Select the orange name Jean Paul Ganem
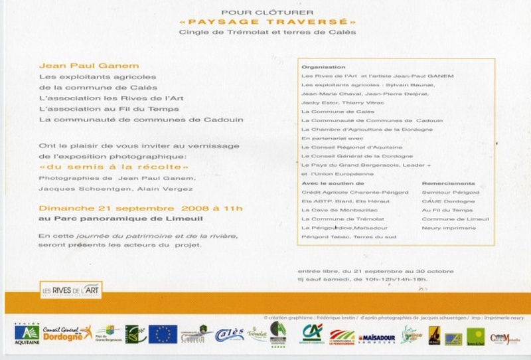click(80, 66)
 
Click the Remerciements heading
click(448, 183)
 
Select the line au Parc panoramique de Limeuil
click(120, 218)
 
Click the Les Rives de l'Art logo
click(70, 290)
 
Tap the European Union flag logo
click(163, 333)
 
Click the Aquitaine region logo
click(27, 333)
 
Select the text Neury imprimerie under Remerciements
click(448, 227)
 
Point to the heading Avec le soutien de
click(333, 183)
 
